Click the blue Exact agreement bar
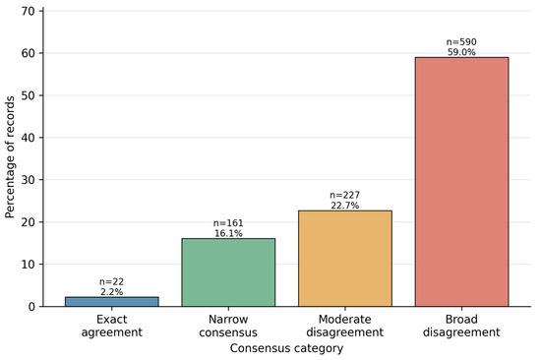click(112, 301)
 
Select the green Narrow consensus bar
click(228, 272)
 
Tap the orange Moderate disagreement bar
click(345, 259)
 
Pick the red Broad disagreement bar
click(461, 182)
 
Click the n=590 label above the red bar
click(461, 42)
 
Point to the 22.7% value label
click(345, 206)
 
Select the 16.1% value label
click(228, 234)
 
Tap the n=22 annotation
click(112, 282)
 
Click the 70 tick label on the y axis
click(28, 12)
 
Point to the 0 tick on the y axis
click(31, 307)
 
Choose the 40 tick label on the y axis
click(28, 138)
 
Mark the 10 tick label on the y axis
click(28, 265)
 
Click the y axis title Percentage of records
click(10, 157)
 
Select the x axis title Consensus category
click(286, 348)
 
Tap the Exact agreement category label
click(112, 326)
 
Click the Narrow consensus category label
click(228, 326)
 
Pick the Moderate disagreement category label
click(345, 326)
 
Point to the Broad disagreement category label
click(461, 326)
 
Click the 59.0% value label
click(461, 52)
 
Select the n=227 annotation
click(345, 196)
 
